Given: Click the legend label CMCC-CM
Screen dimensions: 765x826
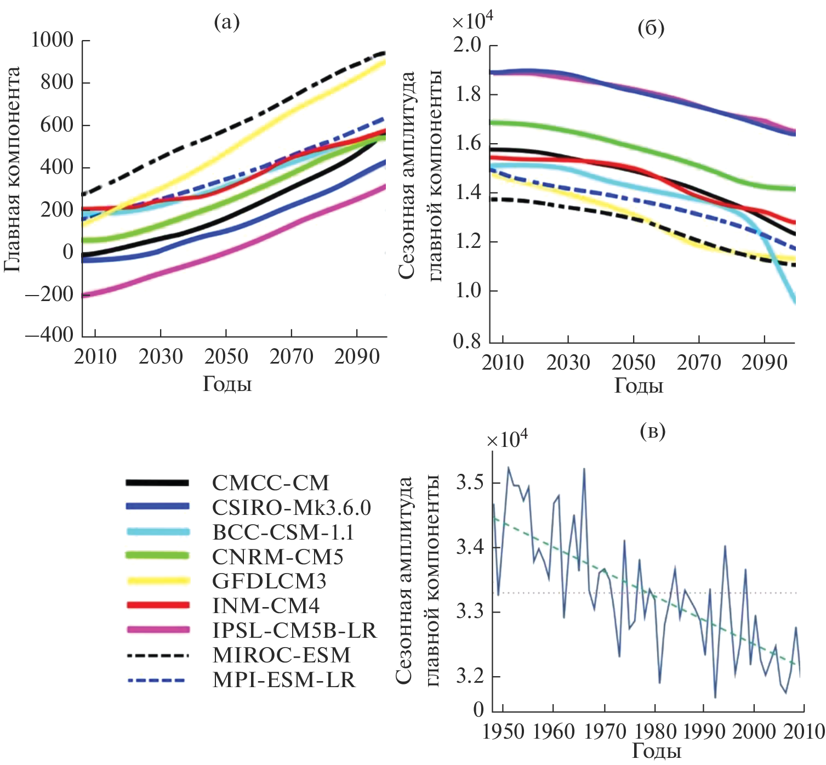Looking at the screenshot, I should click(x=271, y=483).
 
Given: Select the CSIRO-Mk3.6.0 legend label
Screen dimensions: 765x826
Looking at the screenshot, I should click(x=292, y=508).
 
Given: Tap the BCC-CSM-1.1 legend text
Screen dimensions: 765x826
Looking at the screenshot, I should click(x=283, y=532).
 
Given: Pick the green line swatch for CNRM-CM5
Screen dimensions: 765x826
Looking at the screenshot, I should click(x=157, y=556).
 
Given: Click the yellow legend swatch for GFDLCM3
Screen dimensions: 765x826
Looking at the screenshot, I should click(x=157, y=581).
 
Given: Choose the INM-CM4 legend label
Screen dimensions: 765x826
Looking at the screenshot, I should click(x=266, y=606).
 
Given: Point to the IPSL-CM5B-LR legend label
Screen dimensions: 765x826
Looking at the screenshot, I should click(x=295, y=631).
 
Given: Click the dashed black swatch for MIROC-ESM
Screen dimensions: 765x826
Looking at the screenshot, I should click(x=157, y=655).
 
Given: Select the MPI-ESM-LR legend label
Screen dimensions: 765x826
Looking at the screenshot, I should click(x=284, y=680).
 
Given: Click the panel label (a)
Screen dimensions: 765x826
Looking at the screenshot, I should click(x=227, y=22).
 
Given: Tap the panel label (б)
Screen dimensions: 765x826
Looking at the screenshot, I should click(x=651, y=28).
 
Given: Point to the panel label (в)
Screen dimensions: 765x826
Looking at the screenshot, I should click(x=652, y=431).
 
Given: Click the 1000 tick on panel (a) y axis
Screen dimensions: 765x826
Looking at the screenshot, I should click(x=52, y=40).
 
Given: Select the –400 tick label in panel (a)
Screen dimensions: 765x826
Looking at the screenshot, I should click(x=49, y=335).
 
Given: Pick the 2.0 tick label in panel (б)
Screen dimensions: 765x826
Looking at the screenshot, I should click(x=467, y=46).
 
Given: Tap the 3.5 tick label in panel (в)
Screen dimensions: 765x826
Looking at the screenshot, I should click(x=470, y=483).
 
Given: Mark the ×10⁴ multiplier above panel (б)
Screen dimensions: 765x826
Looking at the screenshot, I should click(x=472, y=21).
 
